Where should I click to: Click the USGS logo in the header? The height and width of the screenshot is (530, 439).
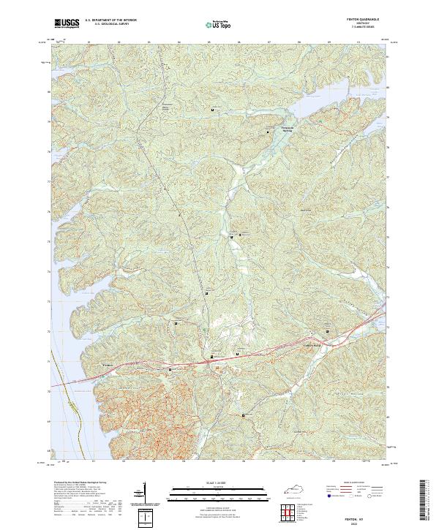[x=67, y=23]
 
